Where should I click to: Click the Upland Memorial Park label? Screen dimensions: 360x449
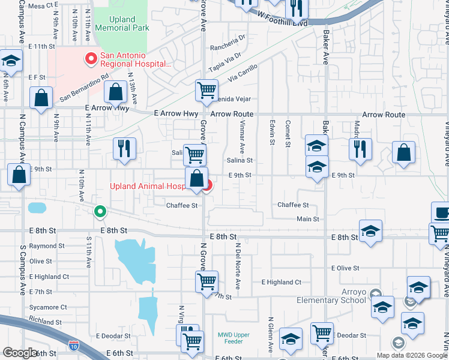click(122, 23)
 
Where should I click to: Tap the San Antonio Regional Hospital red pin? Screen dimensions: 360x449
click(91, 59)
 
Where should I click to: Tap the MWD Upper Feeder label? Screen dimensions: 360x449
click(230, 338)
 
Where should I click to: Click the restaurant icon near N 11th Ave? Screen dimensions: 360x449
click(124, 148)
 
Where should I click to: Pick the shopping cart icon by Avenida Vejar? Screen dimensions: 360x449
click(206, 91)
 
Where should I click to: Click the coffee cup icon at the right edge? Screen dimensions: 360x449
click(441, 212)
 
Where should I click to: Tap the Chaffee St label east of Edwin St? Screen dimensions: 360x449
click(293, 205)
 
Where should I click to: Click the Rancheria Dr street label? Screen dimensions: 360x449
click(228, 47)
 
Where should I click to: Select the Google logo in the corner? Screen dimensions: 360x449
click(21, 353)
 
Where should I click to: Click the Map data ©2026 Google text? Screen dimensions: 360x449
click(411, 355)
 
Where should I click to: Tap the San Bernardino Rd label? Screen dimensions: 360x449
click(84, 88)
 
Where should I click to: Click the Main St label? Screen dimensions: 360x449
click(308, 219)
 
